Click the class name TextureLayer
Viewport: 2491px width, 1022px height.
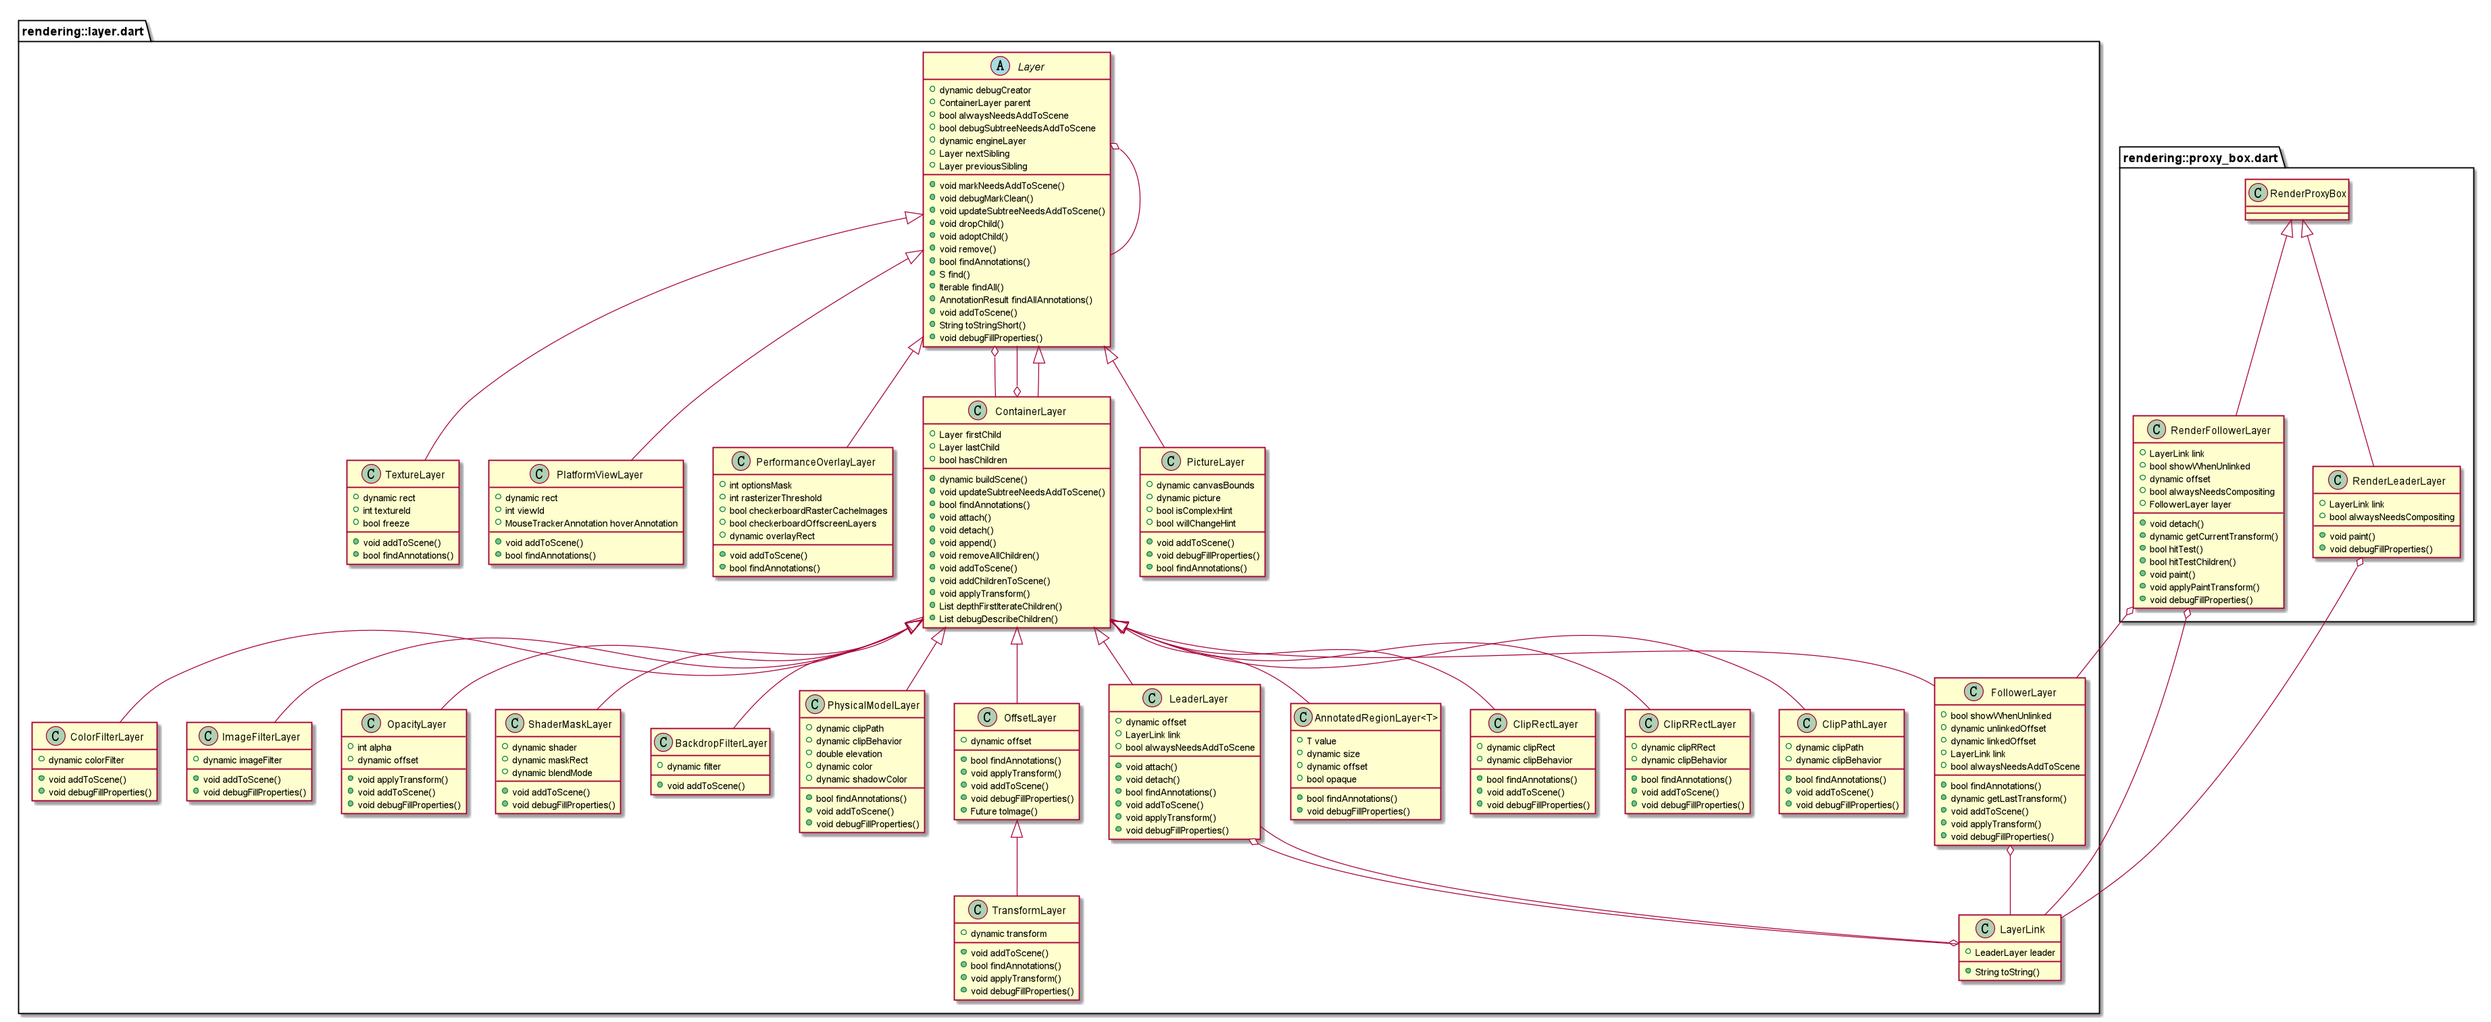[x=415, y=475]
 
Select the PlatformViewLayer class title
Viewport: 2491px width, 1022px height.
[x=599, y=475]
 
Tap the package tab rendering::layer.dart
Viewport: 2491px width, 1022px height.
[x=83, y=31]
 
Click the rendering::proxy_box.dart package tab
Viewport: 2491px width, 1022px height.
[x=2200, y=157]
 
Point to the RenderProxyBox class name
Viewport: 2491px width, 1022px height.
[x=2307, y=193]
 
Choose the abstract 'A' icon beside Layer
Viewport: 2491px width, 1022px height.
[x=1000, y=66]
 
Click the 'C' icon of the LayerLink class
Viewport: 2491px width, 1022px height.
[x=1984, y=928]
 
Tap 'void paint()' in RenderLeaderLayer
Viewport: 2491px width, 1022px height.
[x=2352, y=536]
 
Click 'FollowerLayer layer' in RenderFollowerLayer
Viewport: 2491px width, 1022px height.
[x=2189, y=504]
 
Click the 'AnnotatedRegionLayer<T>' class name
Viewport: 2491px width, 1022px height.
[x=1375, y=717]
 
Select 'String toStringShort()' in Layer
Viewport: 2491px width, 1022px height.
[x=982, y=325]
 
